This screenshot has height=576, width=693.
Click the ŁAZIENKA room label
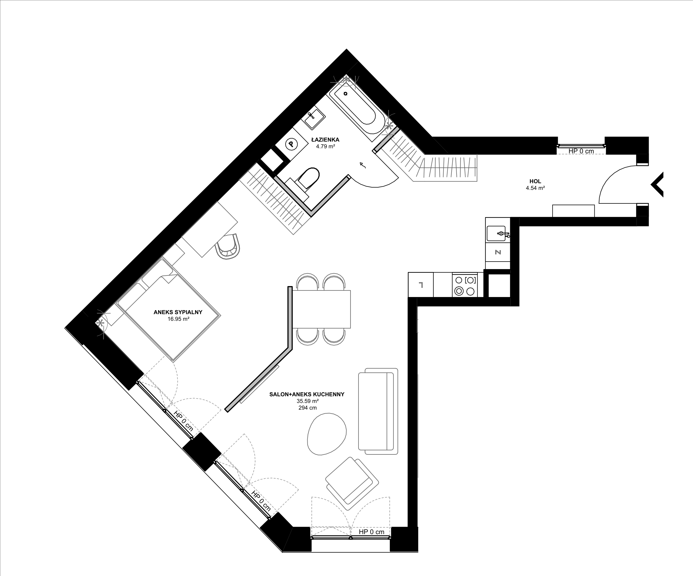coord(325,140)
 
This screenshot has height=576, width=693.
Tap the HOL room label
coord(535,181)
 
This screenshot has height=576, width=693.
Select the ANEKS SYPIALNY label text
coord(178,312)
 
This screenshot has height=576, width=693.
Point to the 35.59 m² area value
coord(308,401)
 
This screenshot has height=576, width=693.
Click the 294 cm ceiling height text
coord(308,408)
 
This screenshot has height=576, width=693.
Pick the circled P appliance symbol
coord(291,144)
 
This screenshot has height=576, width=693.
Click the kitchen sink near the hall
coord(498,234)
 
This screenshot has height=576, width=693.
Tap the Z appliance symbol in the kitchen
coord(498,252)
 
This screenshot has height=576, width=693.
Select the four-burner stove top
coord(465,285)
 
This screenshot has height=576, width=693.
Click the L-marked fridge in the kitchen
coord(421,285)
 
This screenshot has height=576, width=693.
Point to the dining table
coord(321,309)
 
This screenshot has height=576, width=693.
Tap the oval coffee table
coord(327,434)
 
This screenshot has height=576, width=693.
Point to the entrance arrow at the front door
coord(657,185)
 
